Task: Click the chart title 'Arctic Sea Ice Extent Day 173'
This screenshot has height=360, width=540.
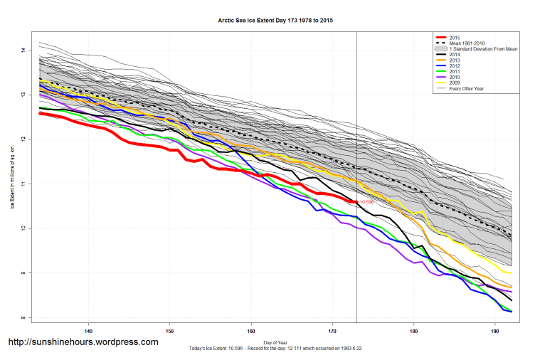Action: coord(275,21)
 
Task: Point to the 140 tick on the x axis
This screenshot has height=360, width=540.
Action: coord(88,331)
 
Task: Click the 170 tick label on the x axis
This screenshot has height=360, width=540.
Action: coord(332,331)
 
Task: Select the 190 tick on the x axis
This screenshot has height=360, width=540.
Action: coord(495,331)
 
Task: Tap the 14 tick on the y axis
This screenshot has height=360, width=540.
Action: coord(23,50)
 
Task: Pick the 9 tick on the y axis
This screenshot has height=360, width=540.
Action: coord(23,273)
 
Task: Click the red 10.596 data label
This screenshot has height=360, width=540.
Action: coord(366,203)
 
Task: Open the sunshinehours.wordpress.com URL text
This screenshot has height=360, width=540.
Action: coord(83,342)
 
